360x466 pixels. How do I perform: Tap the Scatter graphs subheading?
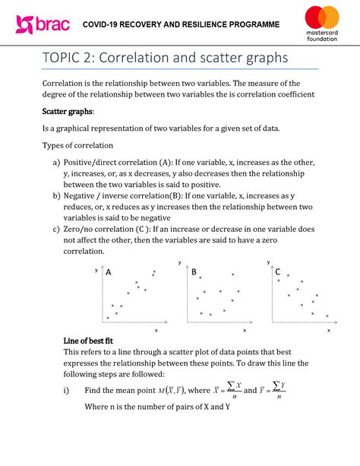click(x=68, y=111)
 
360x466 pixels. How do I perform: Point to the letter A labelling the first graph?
click(x=109, y=272)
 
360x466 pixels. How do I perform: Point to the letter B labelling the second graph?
click(x=194, y=272)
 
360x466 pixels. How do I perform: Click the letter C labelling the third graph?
click(x=278, y=272)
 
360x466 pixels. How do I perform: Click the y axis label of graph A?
click(x=96, y=271)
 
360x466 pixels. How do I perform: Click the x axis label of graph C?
click(x=329, y=331)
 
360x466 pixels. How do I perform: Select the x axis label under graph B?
click(x=244, y=331)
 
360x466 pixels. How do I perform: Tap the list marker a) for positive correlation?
click(x=56, y=163)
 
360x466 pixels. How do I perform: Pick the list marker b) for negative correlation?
click(x=56, y=195)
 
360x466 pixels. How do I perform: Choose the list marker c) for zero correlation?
click(x=56, y=228)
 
